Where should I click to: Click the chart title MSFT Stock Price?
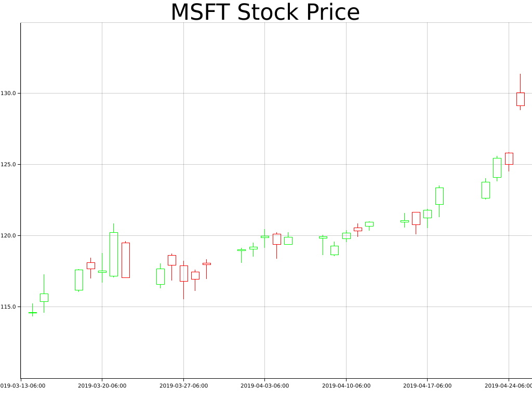click(265, 12)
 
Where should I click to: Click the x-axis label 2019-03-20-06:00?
click(102, 385)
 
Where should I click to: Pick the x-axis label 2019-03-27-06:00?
click(183, 385)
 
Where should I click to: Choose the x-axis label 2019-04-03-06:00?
click(264, 385)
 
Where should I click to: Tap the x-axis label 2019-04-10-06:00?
click(346, 385)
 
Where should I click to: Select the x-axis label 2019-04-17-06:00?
click(427, 385)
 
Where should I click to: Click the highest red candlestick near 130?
click(520, 99)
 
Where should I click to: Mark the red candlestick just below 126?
click(509, 158)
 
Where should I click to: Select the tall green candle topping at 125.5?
click(497, 168)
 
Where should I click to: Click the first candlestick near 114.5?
click(32, 313)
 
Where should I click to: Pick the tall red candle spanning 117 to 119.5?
click(125, 260)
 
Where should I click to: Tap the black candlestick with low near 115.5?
click(183, 273)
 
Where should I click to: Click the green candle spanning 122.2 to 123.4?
click(439, 196)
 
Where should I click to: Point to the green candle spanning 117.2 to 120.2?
click(113, 254)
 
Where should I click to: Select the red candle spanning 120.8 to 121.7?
click(416, 218)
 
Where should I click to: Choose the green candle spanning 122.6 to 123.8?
click(485, 190)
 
